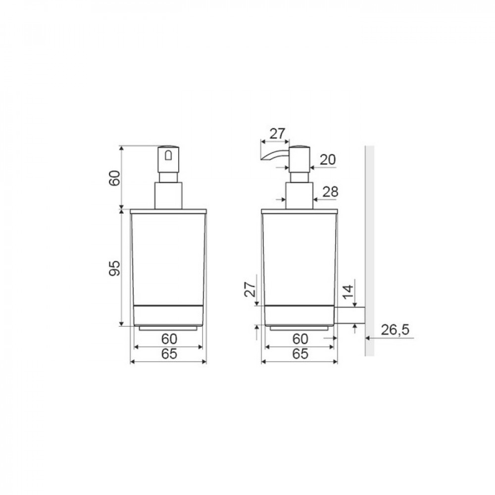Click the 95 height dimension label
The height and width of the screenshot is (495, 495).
pos(115,268)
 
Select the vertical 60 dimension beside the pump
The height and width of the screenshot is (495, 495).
pos(115,178)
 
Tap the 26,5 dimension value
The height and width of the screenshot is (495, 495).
pos(395,330)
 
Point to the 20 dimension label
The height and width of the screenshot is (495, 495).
pos(328,160)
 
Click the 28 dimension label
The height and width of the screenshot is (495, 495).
pos(330,192)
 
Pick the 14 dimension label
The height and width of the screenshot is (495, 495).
pos(347,292)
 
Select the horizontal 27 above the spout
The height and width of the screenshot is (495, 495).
pos(278,134)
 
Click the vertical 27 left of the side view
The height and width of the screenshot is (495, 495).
pos(250,289)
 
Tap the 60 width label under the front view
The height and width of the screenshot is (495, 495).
pos(169,339)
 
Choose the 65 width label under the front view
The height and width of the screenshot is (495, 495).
pos(169,354)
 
